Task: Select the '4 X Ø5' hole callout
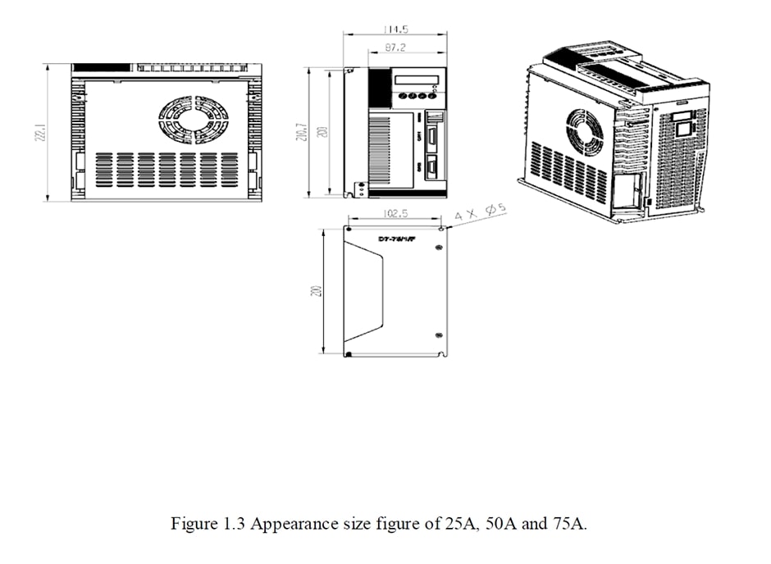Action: [481, 213]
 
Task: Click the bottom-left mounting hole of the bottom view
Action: [349, 353]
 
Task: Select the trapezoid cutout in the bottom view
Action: [364, 291]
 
